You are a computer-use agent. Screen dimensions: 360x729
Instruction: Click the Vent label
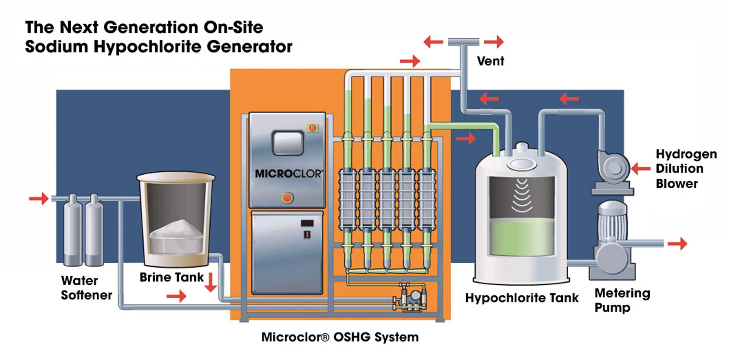pyautogui.click(x=490, y=61)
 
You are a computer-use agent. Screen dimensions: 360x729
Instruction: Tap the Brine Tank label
pyautogui.click(x=172, y=277)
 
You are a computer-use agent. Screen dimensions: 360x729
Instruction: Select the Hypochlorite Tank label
pyautogui.click(x=522, y=298)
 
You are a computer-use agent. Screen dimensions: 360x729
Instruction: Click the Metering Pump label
pyautogui.click(x=622, y=300)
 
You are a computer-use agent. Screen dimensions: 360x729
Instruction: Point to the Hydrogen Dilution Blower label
pyautogui.click(x=686, y=169)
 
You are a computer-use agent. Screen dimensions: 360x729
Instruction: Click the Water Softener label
pyautogui.click(x=86, y=288)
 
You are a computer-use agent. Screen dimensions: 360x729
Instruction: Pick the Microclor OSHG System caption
pyautogui.click(x=340, y=337)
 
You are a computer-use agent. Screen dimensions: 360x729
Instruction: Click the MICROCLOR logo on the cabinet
pyautogui.click(x=288, y=174)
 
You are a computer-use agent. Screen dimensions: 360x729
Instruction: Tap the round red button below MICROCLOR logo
pyautogui.click(x=287, y=198)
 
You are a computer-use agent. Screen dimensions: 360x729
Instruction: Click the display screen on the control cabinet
pyautogui.click(x=288, y=143)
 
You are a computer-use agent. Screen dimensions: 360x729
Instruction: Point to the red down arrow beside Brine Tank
pyautogui.click(x=210, y=283)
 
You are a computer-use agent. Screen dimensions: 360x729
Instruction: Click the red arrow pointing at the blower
pyautogui.click(x=641, y=168)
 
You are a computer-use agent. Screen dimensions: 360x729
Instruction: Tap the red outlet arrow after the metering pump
pyautogui.click(x=677, y=243)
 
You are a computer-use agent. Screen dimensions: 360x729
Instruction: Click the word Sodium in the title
pyautogui.click(x=56, y=47)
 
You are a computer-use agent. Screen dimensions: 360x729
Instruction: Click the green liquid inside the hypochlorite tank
pyautogui.click(x=522, y=237)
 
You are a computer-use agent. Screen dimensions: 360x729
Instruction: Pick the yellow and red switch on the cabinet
pyautogui.click(x=313, y=128)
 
